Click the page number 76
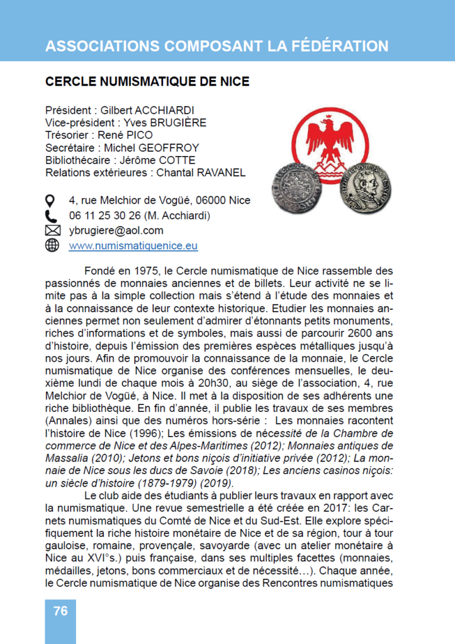pyautogui.click(x=60, y=611)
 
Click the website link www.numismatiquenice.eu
pyautogui.click(x=133, y=245)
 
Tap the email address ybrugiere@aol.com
pyautogui.click(x=116, y=230)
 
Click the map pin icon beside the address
pyautogui.click(x=52, y=201)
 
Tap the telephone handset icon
pyautogui.click(x=52, y=216)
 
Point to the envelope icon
pyautogui.click(x=52, y=230)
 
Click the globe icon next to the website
pyautogui.click(x=52, y=245)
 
